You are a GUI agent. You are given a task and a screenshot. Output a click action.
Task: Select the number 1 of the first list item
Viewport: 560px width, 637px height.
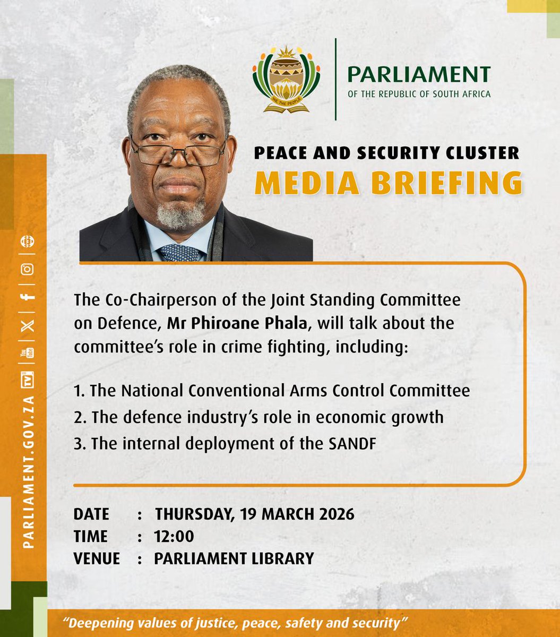(x=77, y=392)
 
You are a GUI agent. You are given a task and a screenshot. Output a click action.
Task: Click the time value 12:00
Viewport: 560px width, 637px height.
(x=174, y=536)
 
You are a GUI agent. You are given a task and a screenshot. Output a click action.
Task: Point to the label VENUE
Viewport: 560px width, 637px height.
(x=96, y=558)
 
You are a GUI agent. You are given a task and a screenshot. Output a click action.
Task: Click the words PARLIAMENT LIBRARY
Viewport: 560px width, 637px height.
(x=234, y=558)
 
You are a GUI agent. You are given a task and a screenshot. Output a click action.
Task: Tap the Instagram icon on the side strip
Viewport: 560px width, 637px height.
(x=28, y=269)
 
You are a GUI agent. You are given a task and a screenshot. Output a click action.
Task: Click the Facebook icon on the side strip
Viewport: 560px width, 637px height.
(x=28, y=298)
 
